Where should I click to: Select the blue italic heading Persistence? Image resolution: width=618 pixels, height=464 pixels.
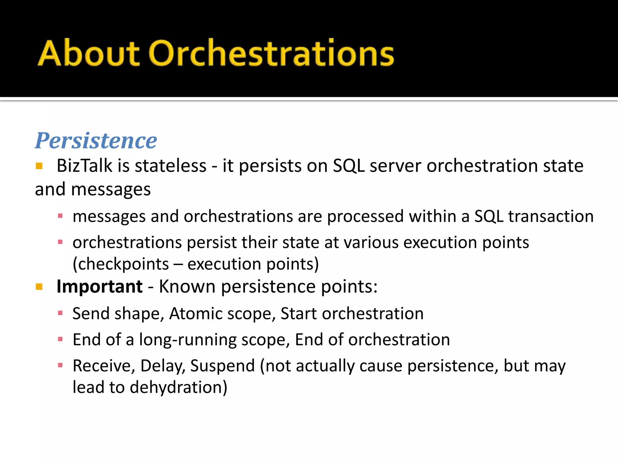96,141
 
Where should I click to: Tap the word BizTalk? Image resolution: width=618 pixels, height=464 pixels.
84,166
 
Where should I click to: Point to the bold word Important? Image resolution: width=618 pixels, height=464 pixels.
100,286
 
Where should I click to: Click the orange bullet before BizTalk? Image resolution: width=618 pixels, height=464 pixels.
39,166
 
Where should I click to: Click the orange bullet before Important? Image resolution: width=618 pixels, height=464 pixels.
39,287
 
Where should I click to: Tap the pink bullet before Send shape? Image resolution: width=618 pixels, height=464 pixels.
60,313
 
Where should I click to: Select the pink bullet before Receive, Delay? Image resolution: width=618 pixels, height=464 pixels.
60,366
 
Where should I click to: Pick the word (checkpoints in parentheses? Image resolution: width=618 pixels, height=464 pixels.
121,264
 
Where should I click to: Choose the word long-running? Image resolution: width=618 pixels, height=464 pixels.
187,340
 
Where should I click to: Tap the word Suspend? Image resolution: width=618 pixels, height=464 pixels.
222,366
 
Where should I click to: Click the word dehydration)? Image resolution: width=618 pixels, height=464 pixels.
178,388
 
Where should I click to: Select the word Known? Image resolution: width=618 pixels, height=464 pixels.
187,286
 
